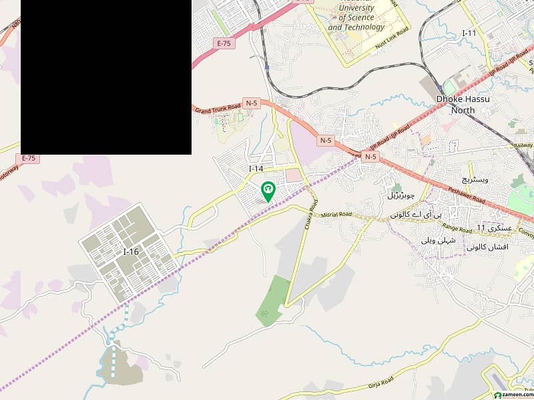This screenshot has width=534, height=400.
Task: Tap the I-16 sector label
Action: point(131,251)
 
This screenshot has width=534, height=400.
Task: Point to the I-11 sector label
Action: point(470,33)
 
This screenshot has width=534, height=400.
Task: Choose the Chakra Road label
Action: point(309,213)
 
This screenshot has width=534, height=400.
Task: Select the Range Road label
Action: point(458,228)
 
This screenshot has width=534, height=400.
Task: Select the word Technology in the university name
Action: point(366,27)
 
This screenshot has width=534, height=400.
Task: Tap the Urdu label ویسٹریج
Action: point(476,180)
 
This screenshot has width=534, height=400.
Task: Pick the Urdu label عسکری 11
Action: point(495,227)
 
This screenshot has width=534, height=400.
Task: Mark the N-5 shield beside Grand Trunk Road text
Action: point(252,103)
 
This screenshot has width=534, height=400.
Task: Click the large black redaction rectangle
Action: point(106,77)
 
